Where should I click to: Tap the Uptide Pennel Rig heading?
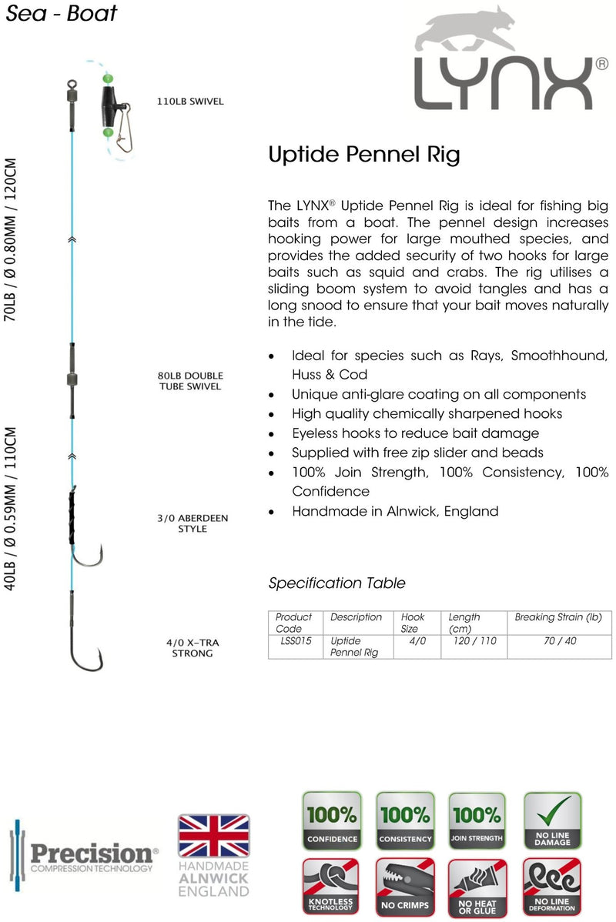(363, 155)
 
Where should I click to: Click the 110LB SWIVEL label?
(190, 101)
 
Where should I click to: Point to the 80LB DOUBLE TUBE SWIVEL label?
(189, 381)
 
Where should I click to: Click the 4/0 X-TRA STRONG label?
(192, 647)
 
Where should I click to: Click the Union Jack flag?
(213, 834)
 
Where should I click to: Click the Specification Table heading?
(336, 583)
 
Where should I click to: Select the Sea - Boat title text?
(62, 13)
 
